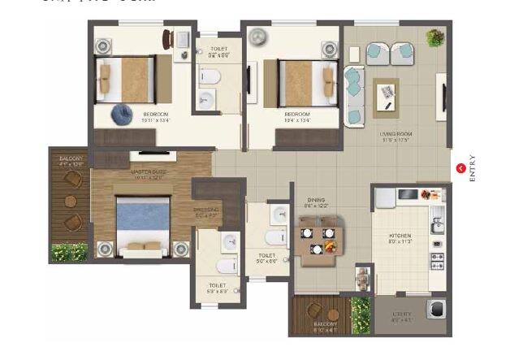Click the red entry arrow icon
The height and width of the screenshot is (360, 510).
461,168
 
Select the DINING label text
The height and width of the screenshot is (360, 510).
315,200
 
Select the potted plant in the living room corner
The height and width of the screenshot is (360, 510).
436,37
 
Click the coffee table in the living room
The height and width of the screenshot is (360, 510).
387,96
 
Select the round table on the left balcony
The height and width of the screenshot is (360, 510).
71,202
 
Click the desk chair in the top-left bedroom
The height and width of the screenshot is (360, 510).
166,38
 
